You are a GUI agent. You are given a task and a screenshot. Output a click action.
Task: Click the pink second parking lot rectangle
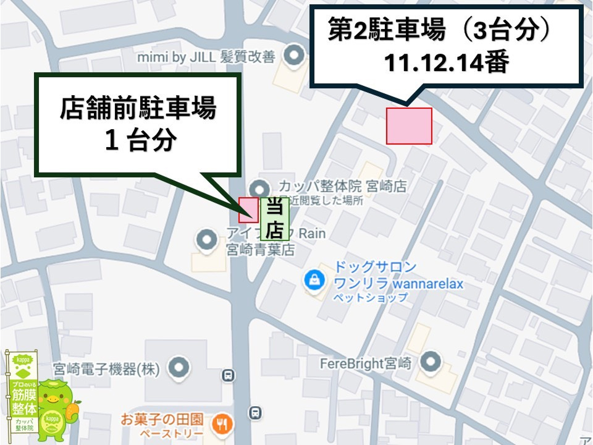point(409,125)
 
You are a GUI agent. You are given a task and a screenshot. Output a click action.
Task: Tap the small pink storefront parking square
point(248,210)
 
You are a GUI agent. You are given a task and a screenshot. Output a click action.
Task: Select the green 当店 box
point(274,219)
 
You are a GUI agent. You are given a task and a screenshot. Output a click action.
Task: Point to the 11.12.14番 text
point(445,63)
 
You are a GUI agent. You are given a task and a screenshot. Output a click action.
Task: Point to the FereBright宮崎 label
point(365,363)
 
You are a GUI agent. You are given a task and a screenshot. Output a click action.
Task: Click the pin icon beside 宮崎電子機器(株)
point(180,367)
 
